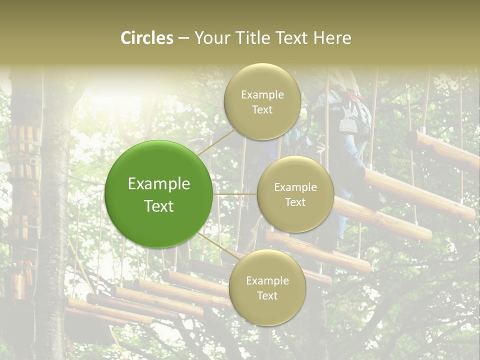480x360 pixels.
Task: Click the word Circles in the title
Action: (147, 38)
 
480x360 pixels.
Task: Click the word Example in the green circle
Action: (158, 184)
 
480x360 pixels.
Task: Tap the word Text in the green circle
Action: (158, 206)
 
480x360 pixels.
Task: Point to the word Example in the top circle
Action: (262, 94)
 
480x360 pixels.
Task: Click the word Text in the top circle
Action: (262, 109)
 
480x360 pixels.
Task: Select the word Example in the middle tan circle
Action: (295, 187)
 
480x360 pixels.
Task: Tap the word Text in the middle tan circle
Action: (295, 202)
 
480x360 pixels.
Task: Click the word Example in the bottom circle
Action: (267, 280)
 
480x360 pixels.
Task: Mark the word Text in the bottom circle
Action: (267, 295)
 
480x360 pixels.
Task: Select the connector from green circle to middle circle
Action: (235, 194)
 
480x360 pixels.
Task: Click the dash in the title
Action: (183, 38)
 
